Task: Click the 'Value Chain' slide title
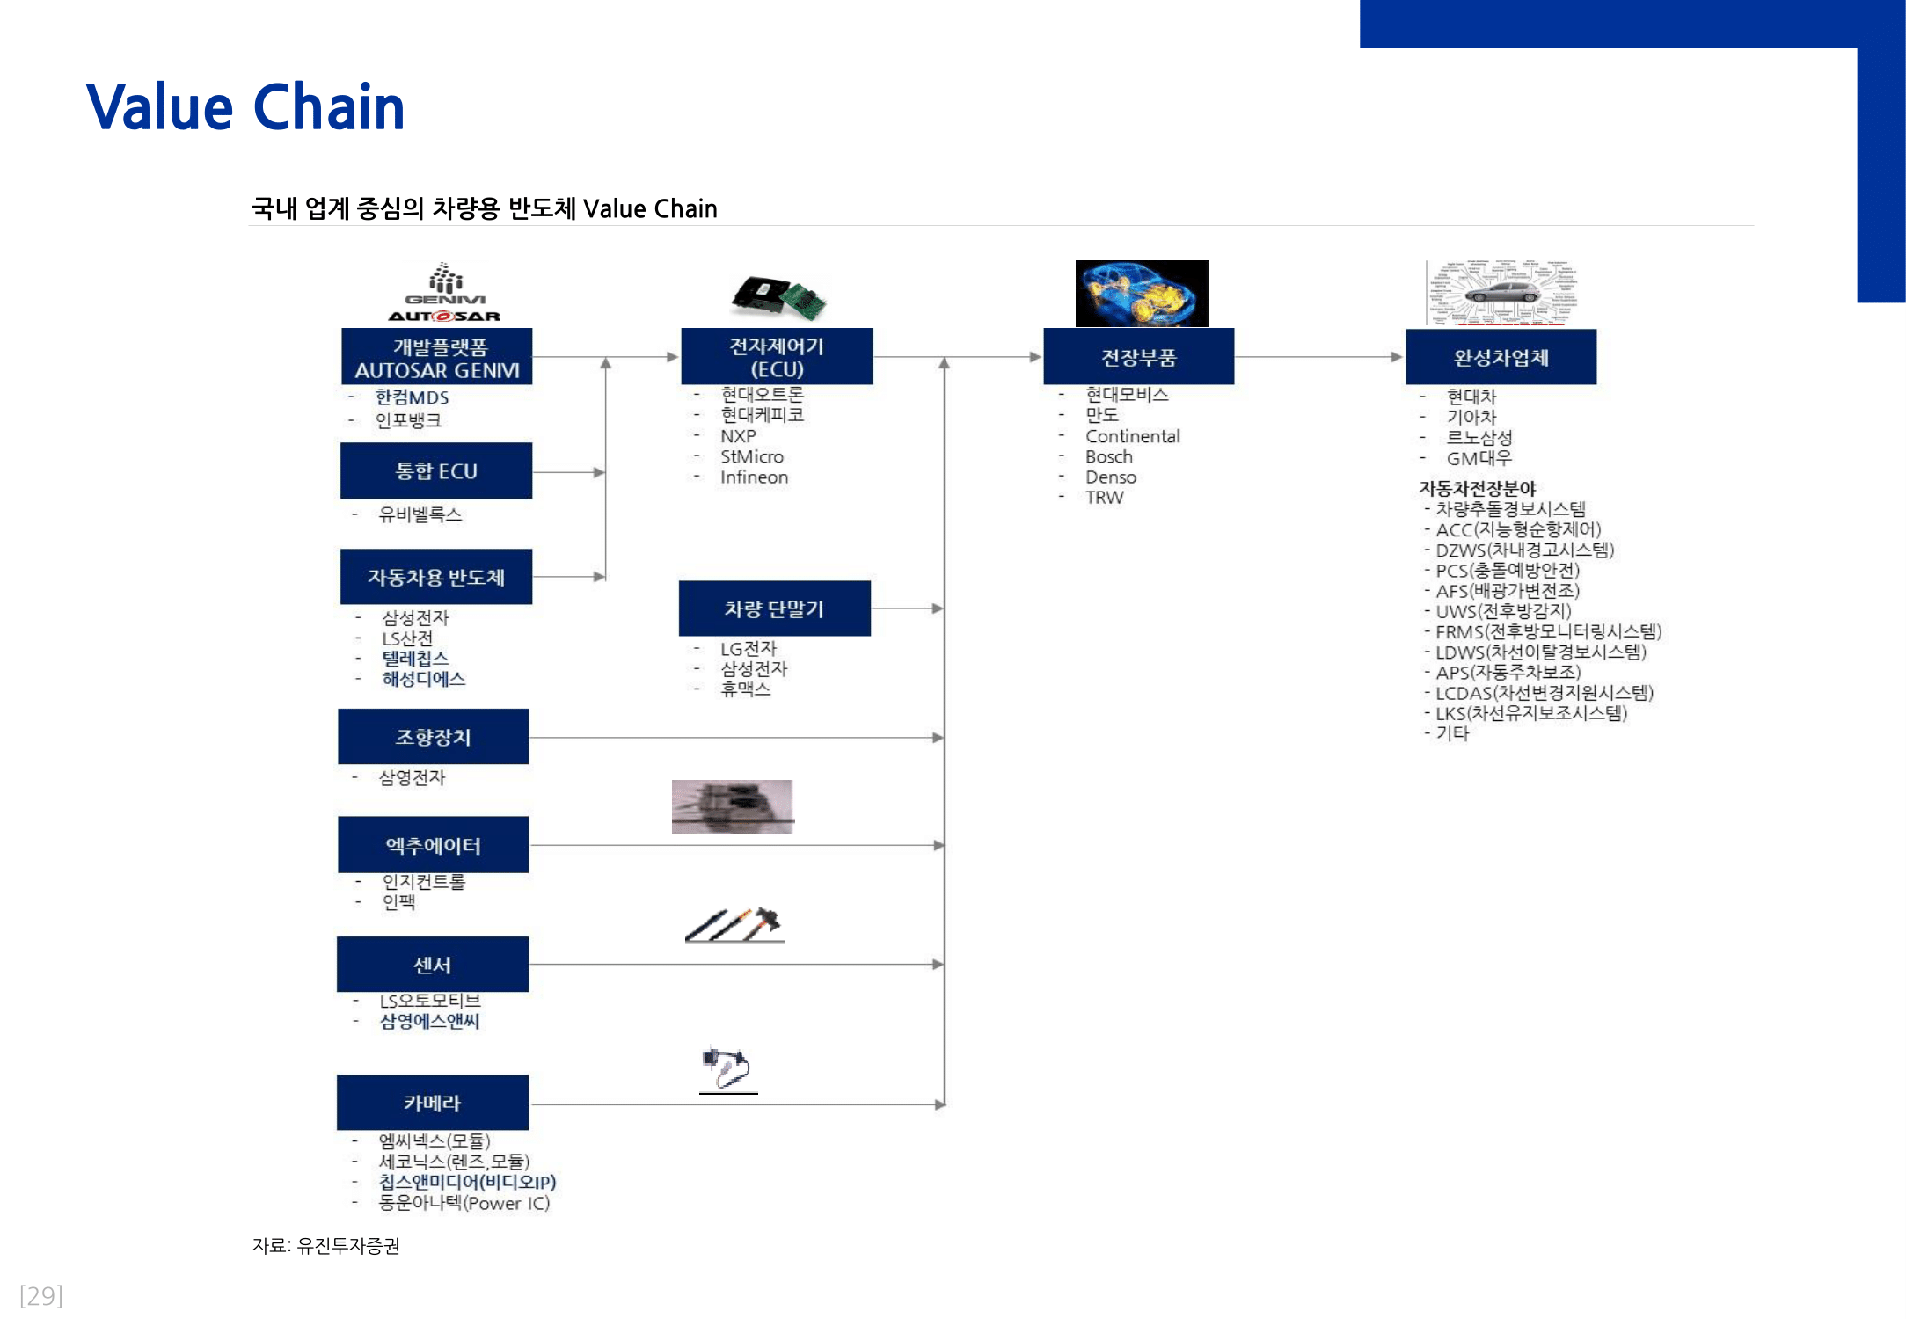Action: (245, 107)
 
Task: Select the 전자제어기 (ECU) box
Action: (777, 357)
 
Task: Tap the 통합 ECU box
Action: (436, 471)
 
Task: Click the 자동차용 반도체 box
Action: (436, 577)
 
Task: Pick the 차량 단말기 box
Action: (774, 608)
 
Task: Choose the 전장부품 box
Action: (1138, 357)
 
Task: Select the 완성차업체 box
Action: (1501, 357)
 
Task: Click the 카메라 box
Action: (433, 1103)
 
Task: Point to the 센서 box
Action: (433, 965)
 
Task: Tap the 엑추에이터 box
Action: (433, 845)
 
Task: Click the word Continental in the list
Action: (1132, 436)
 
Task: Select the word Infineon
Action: (754, 477)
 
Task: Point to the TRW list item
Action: (1104, 498)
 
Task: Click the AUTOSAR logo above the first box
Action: (444, 316)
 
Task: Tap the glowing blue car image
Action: (1141, 293)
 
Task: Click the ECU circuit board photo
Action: (778, 295)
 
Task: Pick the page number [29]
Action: (40, 1295)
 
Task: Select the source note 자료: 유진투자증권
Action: (325, 1245)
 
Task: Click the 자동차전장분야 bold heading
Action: (1477, 488)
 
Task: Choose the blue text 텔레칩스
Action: (415, 659)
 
